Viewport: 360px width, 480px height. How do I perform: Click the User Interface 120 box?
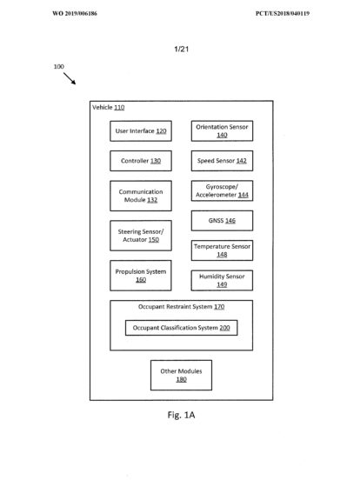point(141,131)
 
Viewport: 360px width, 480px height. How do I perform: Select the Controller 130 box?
point(141,161)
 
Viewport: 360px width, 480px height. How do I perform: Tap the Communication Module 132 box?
point(141,196)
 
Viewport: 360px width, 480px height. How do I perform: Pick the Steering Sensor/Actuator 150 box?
point(141,236)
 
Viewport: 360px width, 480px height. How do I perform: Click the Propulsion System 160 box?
point(141,276)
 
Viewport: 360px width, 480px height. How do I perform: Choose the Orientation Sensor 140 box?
point(223,131)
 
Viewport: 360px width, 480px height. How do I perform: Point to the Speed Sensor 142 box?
point(223,161)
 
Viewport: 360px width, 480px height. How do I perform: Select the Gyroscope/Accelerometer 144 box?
point(223,190)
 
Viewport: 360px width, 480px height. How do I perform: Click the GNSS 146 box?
point(223,220)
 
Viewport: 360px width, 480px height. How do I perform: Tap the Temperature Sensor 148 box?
point(223,250)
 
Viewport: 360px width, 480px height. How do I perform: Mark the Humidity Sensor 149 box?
point(223,280)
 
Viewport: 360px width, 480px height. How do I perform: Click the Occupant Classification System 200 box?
point(181,328)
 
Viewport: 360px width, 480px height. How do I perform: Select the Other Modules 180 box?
point(181,375)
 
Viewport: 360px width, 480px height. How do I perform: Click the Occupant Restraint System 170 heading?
point(181,307)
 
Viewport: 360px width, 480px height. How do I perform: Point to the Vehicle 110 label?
point(109,108)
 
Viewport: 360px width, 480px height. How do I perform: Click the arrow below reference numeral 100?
point(70,78)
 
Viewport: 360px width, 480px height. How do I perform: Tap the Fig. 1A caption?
point(181,415)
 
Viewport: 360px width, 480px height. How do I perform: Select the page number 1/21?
point(182,49)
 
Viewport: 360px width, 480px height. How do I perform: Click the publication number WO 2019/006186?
point(75,13)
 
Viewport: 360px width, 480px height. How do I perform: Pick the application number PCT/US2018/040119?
point(283,13)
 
